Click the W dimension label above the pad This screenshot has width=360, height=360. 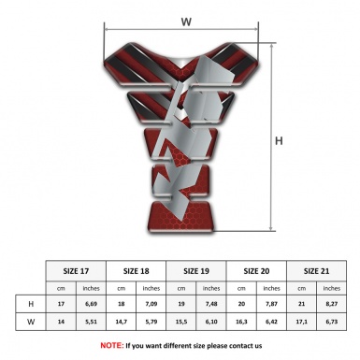pos(186,20)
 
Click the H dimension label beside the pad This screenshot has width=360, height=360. pos(279,141)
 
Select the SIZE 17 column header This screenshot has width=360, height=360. pos(78,270)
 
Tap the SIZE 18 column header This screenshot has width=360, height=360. pos(138,270)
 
